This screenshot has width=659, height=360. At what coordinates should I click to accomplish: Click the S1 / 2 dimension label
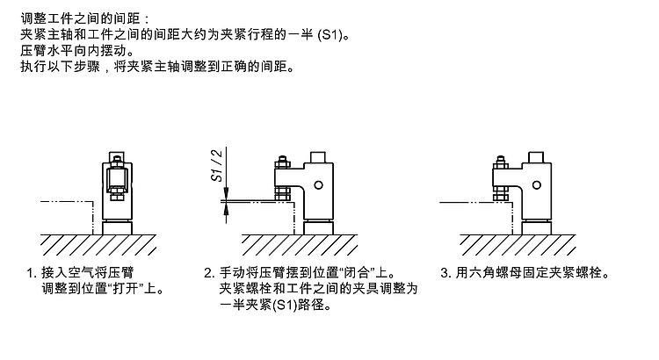tap(217, 164)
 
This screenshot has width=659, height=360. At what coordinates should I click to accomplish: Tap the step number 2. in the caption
tap(208, 272)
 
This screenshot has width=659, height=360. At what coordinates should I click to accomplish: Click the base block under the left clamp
tap(116, 227)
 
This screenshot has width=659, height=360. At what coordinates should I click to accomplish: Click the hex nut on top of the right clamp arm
tap(496, 161)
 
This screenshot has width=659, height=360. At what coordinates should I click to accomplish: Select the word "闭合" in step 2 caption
tap(366, 272)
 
